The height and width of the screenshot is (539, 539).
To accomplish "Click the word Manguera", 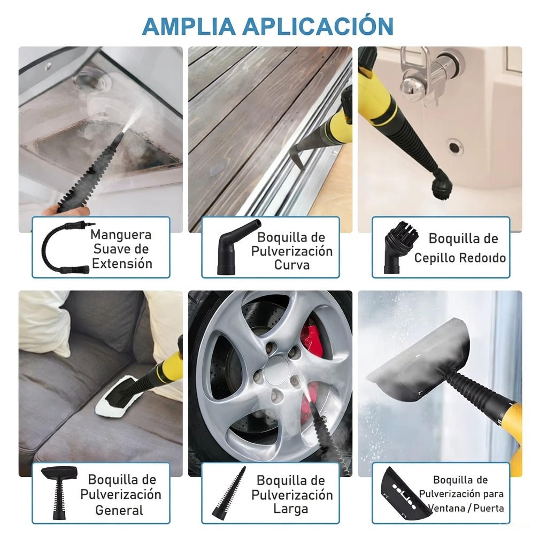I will (121, 234).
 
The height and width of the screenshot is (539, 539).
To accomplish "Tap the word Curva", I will (291, 265).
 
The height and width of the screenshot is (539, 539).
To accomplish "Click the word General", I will (120, 510).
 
